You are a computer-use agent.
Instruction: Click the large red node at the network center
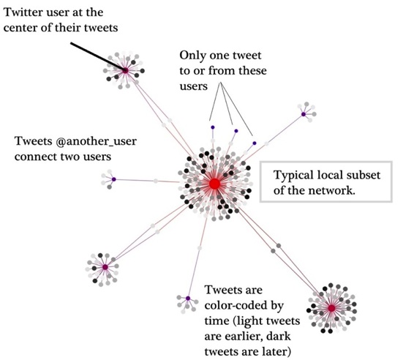pyautogui.click(x=214, y=184)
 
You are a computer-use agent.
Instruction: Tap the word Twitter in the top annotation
pyautogui.click(x=21, y=12)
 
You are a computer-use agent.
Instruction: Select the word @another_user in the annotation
pyautogui.click(x=96, y=141)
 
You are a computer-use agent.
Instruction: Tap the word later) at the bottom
pyautogui.click(x=279, y=351)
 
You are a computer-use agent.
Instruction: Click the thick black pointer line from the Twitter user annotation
pyautogui.click(x=98, y=56)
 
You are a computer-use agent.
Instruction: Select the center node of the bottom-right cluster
pyautogui.click(x=331, y=308)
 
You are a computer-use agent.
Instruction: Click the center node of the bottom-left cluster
pyautogui.click(x=105, y=267)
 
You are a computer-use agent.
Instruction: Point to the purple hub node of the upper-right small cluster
pyautogui.click(x=304, y=114)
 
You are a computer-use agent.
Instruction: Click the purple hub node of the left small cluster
pyautogui.click(x=113, y=179)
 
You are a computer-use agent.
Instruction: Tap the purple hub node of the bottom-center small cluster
pyautogui.click(x=188, y=299)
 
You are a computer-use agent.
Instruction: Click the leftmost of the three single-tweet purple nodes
pyautogui.click(x=213, y=127)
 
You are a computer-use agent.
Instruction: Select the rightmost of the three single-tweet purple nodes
pyautogui.click(x=255, y=143)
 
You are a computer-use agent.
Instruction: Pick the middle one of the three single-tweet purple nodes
pyautogui.click(x=236, y=131)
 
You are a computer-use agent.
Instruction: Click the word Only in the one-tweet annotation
pyautogui.click(x=193, y=56)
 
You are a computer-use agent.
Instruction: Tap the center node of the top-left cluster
pyautogui.click(x=125, y=70)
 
